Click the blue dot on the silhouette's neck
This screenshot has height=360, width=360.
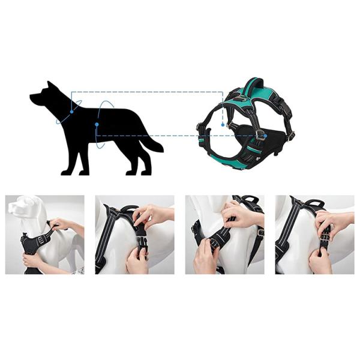click(x=71, y=112)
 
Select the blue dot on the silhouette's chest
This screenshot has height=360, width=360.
click(x=96, y=125)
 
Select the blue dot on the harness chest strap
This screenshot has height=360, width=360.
click(x=265, y=136)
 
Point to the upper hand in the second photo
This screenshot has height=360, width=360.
click(x=153, y=214)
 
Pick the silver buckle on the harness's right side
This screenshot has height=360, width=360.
click(x=291, y=136)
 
